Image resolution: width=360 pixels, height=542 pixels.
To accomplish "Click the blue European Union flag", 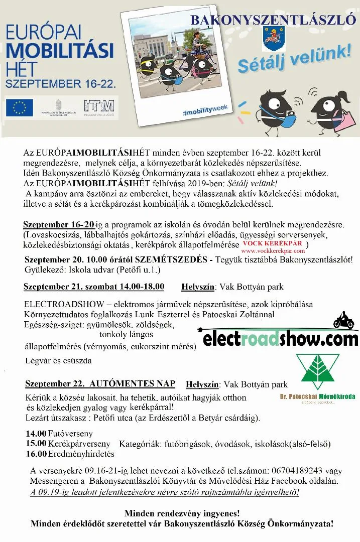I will pos(20,107).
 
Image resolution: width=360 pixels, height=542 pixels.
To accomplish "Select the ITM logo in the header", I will pos(99,106).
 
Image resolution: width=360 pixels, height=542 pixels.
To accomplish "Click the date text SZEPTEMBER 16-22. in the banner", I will pos(61,81).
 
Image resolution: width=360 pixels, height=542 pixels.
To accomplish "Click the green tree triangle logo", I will pos(317,372).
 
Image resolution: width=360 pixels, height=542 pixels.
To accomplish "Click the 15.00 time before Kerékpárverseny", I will pos(36,444).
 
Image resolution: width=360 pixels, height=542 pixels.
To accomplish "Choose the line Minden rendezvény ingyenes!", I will pos(182,513).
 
